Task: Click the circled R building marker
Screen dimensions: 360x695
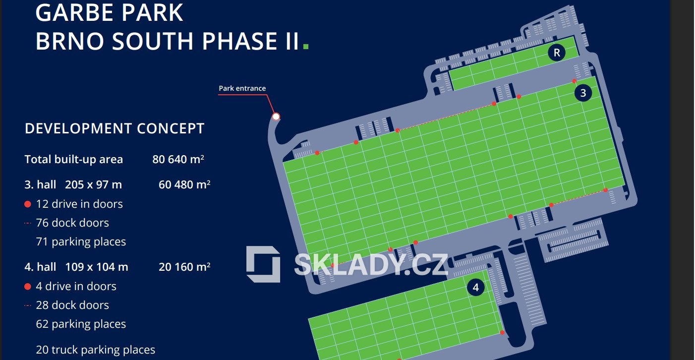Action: [x=557, y=53]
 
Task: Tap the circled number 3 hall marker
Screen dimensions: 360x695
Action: [x=583, y=93]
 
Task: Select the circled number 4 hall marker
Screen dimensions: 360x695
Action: [x=476, y=287]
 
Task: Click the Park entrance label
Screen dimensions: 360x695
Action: [x=242, y=88]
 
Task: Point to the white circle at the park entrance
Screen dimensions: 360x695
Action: [x=276, y=117]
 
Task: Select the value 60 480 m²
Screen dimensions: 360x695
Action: [x=184, y=185]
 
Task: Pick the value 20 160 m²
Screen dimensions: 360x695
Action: [x=184, y=267]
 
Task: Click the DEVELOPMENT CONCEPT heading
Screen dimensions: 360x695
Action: [x=115, y=128]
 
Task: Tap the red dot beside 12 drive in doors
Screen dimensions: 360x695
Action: [x=28, y=204]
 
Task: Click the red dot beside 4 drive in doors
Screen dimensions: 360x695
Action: [x=28, y=287]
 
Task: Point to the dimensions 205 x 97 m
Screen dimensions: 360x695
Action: [x=93, y=185]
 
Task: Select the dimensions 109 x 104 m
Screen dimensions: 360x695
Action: [x=97, y=267]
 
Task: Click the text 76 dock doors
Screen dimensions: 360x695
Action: [x=72, y=223]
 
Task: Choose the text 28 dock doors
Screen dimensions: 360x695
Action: [x=72, y=305]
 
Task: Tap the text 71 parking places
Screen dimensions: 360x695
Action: [x=81, y=242]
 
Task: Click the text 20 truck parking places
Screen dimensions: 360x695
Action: [x=95, y=350]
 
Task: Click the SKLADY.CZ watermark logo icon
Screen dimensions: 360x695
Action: [x=263, y=264]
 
